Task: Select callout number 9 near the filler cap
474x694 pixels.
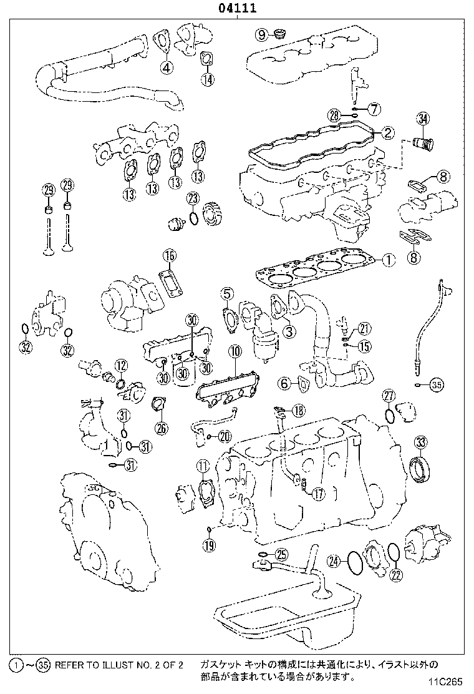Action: [x=261, y=33]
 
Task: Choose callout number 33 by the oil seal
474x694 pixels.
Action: [x=422, y=442]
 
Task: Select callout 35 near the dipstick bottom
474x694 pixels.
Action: [x=436, y=385]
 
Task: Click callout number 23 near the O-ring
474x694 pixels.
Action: [x=193, y=199]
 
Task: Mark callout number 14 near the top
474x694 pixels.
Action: [x=207, y=79]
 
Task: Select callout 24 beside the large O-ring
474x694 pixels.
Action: [x=335, y=562]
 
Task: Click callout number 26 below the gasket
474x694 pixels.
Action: [x=162, y=428]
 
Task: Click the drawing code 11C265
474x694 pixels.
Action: [x=447, y=682]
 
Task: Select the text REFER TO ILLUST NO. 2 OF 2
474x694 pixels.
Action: [x=119, y=665]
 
